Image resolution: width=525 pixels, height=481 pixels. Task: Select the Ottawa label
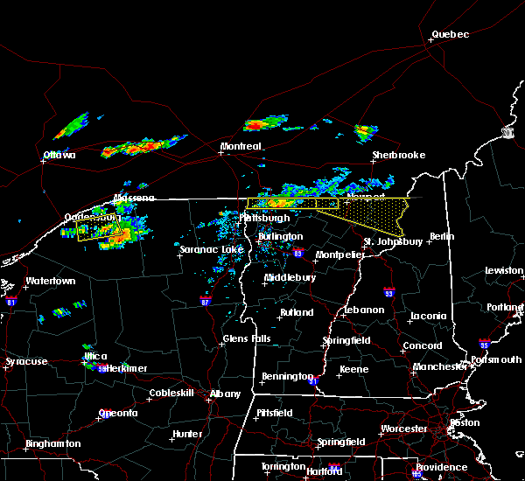pyautogui.click(x=59, y=156)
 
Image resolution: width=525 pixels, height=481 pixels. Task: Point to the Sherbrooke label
pyautogui.click(x=398, y=156)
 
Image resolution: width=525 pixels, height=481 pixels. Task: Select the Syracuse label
pyautogui.click(x=26, y=362)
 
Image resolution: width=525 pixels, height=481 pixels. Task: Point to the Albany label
pyautogui.click(x=225, y=394)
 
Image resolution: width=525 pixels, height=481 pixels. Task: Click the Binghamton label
pyautogui.click(x=52, y=444)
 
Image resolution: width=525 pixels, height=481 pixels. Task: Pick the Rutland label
pyautogui.click(x=296, y=313)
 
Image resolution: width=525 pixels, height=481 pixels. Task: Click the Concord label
pyautogui.click(x=422, y=346)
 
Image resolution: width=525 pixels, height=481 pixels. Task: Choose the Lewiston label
pyautogui.click(x=505, y=271)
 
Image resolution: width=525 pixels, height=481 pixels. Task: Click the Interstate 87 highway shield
pyautogui.click(x=204, y=300)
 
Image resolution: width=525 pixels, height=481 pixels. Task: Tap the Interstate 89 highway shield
pyautogui.click(x=298, y=254)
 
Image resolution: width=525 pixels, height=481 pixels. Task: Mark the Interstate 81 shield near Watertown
pyautogui.click(x=11, y=300)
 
